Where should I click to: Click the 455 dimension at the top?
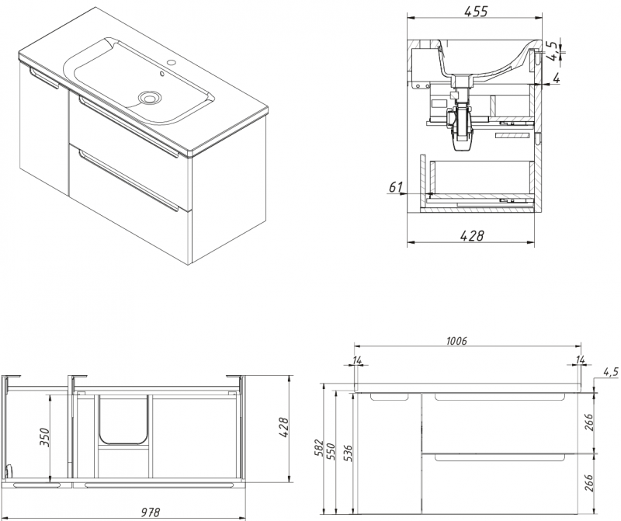click(x=476, y=11)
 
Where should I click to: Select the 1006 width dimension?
click(x=456, y=340)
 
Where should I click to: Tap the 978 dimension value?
click(x=151, y=512)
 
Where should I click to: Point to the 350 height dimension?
click(x=45, y=436)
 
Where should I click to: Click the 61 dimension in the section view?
click(x=395, y=186)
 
